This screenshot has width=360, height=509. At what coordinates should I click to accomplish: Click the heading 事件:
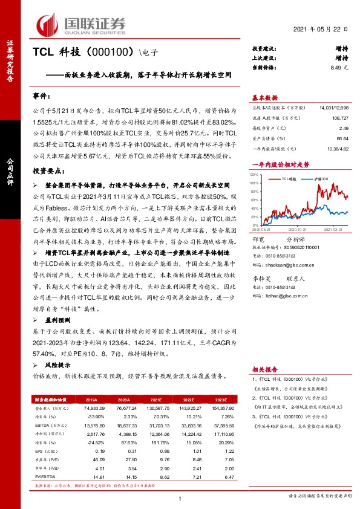pos(41,96)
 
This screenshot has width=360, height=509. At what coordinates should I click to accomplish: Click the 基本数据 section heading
pos(264,98)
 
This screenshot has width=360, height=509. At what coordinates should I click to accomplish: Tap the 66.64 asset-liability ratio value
pos(342,138)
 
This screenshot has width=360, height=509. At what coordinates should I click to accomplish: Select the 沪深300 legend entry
pos(320,180)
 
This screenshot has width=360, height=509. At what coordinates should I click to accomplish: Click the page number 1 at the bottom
pos(180,498)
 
